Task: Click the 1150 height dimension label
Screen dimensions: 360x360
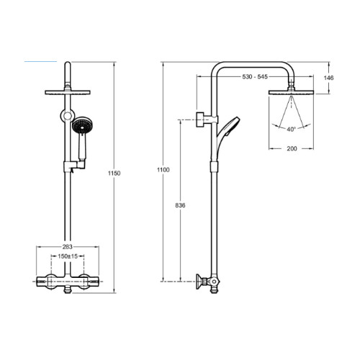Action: tap(114, 174)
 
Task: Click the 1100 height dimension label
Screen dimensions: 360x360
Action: tap(163, 170)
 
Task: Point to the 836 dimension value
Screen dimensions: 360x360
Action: tap(180, 205)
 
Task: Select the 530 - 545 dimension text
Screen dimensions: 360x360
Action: tap(255, 77)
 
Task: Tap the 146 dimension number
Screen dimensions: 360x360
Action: tap(328, 78)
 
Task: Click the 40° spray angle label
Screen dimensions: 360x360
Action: tap(291, 130)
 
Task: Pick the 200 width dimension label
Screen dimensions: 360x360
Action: tap(292, 149)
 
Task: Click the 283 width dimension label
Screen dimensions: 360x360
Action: tap(67, 247)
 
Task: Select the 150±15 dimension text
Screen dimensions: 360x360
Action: tap(68, 256)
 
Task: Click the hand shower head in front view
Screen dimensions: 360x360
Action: tap(82, 125)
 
